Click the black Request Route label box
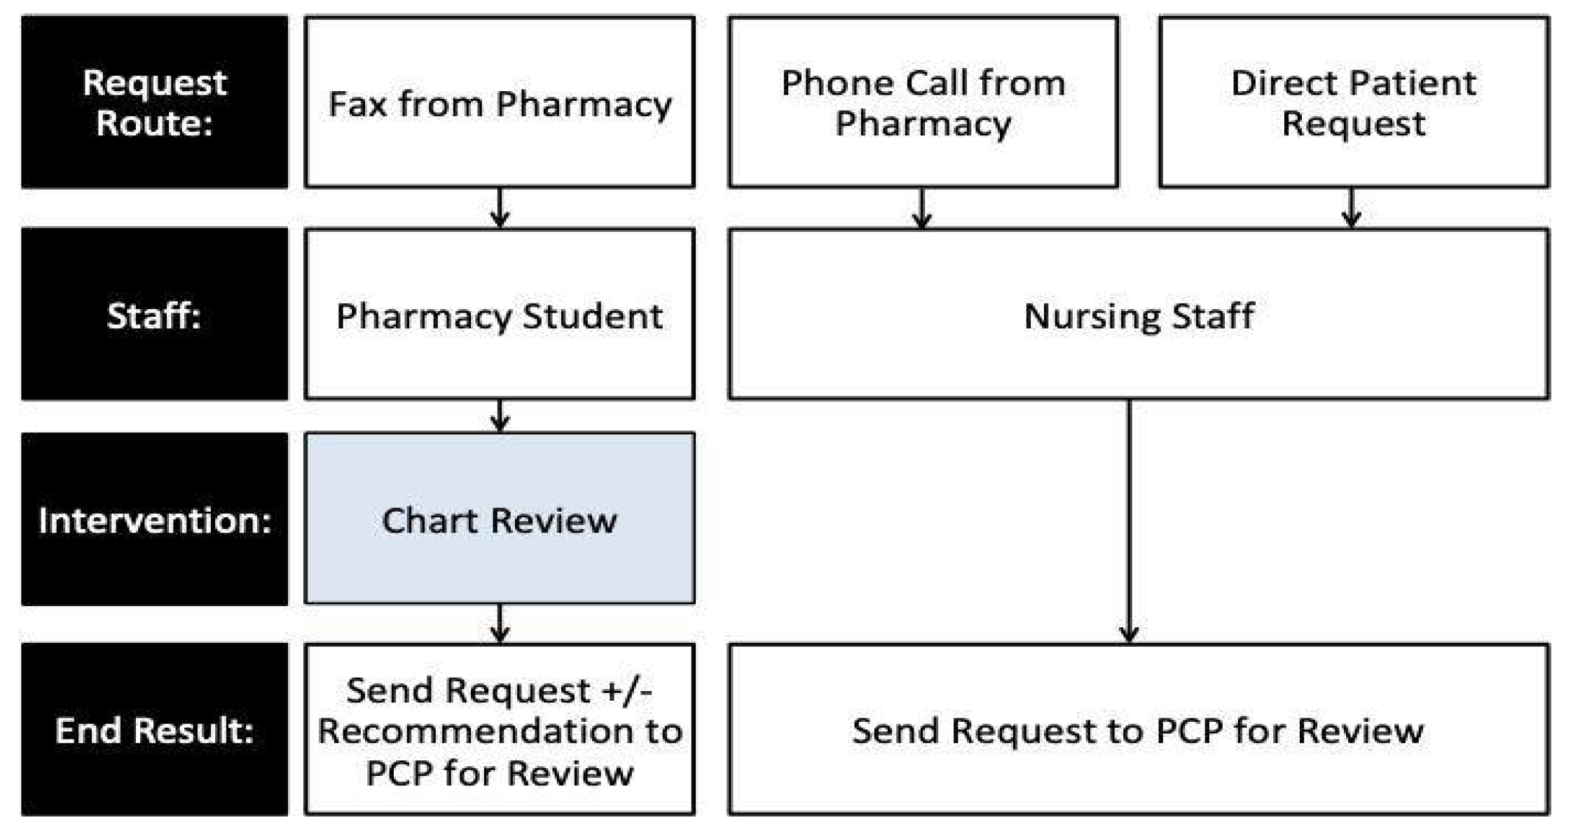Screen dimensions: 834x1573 [154, 102]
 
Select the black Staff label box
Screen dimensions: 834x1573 [154, 314]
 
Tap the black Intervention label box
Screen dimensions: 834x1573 [154, 519]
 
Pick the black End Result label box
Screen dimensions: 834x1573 [154, 730]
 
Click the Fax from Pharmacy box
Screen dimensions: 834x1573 [500, 102]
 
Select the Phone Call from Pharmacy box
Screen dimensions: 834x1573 [923, 102]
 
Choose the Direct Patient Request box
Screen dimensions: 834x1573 [1353, 102]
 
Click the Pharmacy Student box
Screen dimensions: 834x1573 [500, 314]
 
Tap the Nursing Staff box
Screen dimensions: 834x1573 [1138, 314]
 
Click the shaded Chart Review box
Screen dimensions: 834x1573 [500, 519]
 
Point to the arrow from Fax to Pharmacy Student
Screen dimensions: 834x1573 [500, 207]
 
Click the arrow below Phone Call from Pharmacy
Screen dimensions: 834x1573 [922, 207]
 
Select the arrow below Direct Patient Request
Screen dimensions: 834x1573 [1352, 207]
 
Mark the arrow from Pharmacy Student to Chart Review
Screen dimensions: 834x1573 [500, 416]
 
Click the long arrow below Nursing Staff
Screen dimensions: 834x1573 [1129, 522]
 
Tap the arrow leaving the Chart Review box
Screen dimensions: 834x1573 [500, 623]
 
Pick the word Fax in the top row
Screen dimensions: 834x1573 [357, 104]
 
